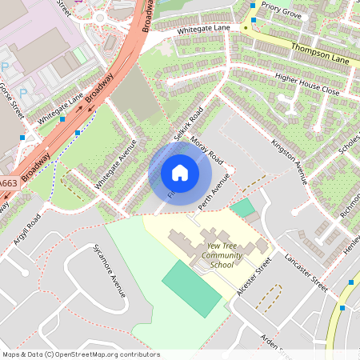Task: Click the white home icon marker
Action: coord(180,172)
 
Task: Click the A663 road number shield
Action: coord(8,184)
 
